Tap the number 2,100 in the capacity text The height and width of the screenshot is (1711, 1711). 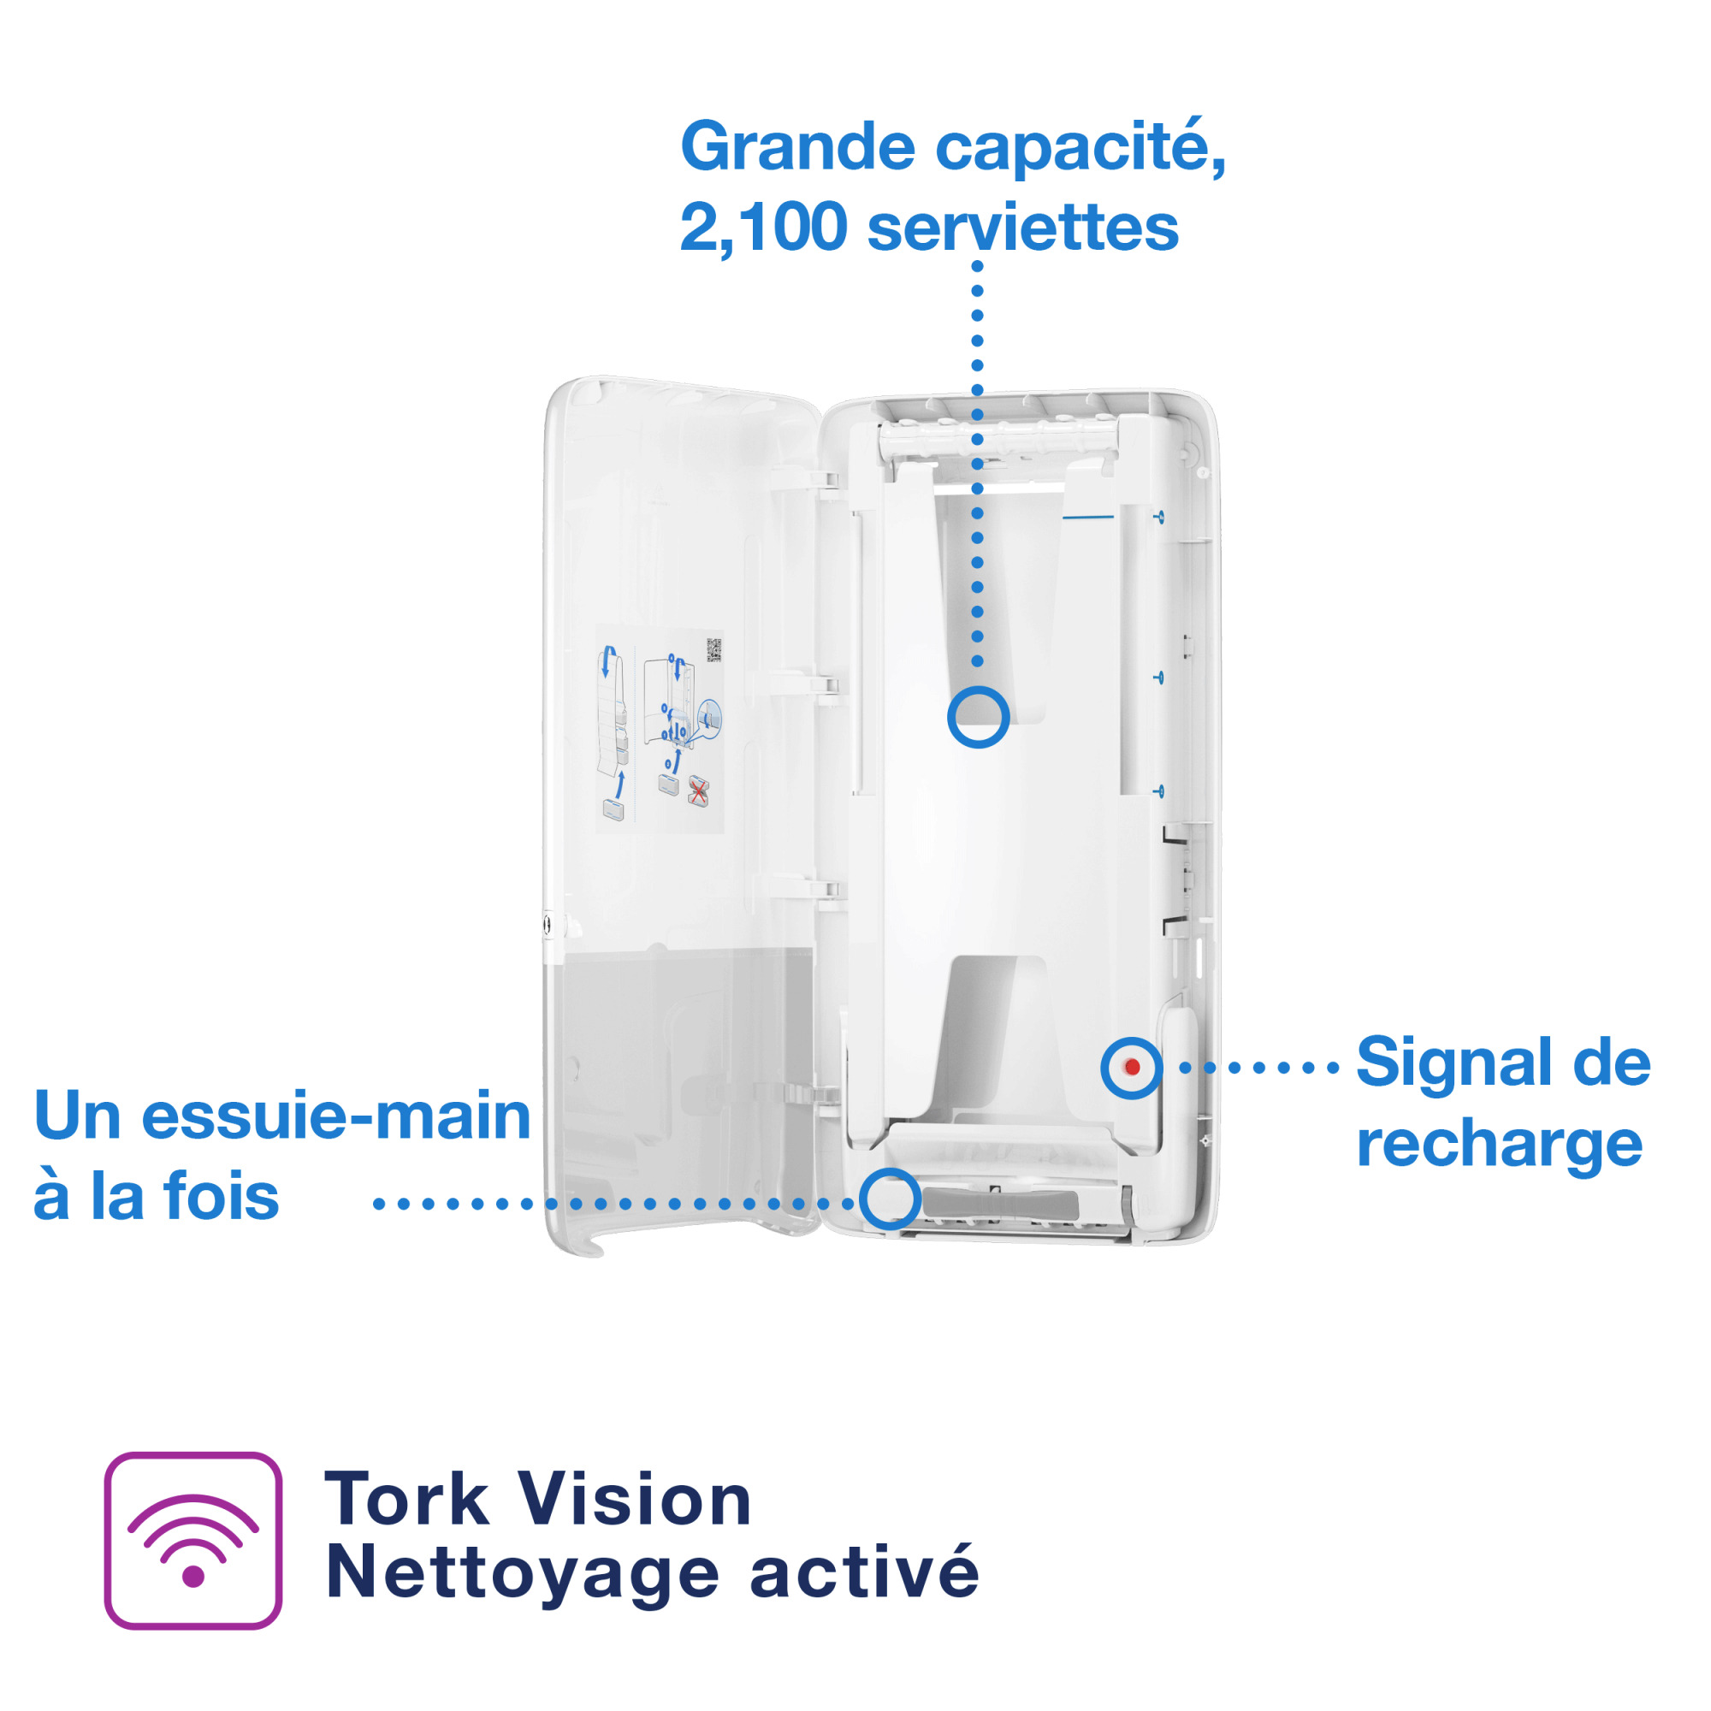(x=762, y=228)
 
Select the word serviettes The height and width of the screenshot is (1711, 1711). (x=1022, y=228)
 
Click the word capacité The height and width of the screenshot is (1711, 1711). (x=1080, y=148)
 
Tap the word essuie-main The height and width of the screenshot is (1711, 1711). (x=335, y=1116)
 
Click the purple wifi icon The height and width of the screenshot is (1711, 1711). (x=193, y=1540)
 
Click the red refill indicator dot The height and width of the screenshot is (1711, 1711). (x=1132, y=1067)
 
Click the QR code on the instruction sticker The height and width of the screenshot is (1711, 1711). (x=713, y=650)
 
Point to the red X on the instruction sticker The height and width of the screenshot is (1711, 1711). (x=698, y=790)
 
